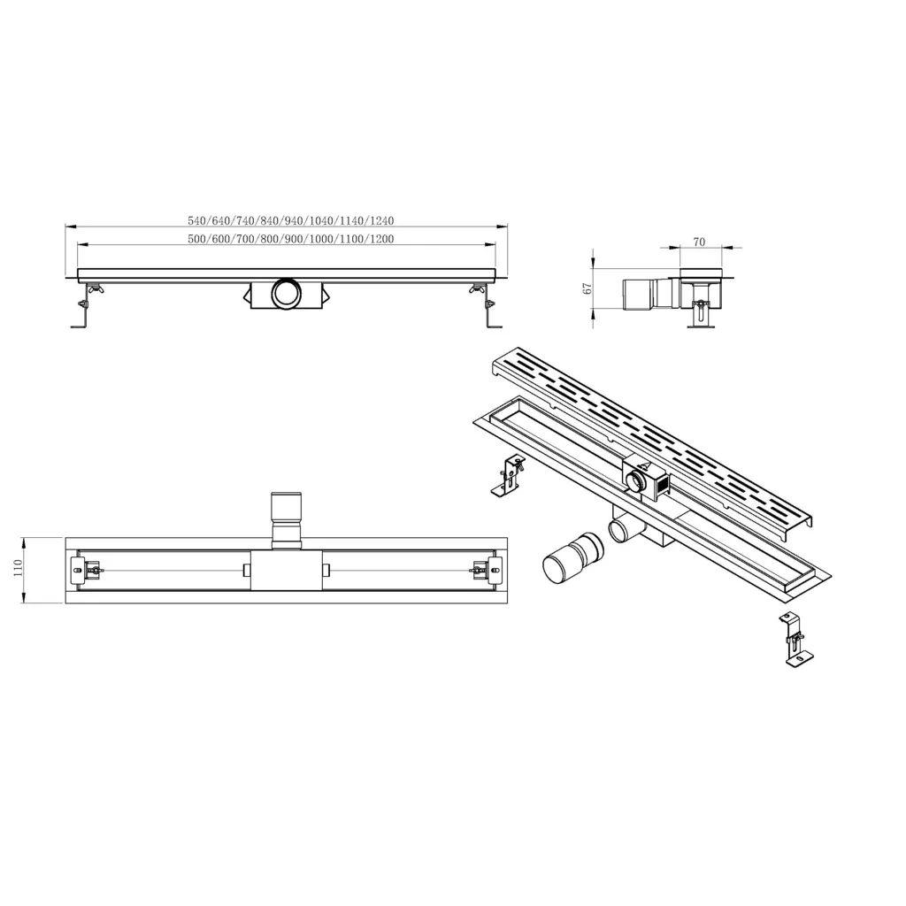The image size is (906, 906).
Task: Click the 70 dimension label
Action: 699,242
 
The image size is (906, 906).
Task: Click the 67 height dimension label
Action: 587,288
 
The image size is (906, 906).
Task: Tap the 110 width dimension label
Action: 18,569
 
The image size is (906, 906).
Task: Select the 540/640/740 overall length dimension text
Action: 291,220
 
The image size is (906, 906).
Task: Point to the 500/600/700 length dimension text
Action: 291,239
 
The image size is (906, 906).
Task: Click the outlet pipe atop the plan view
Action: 287,520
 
